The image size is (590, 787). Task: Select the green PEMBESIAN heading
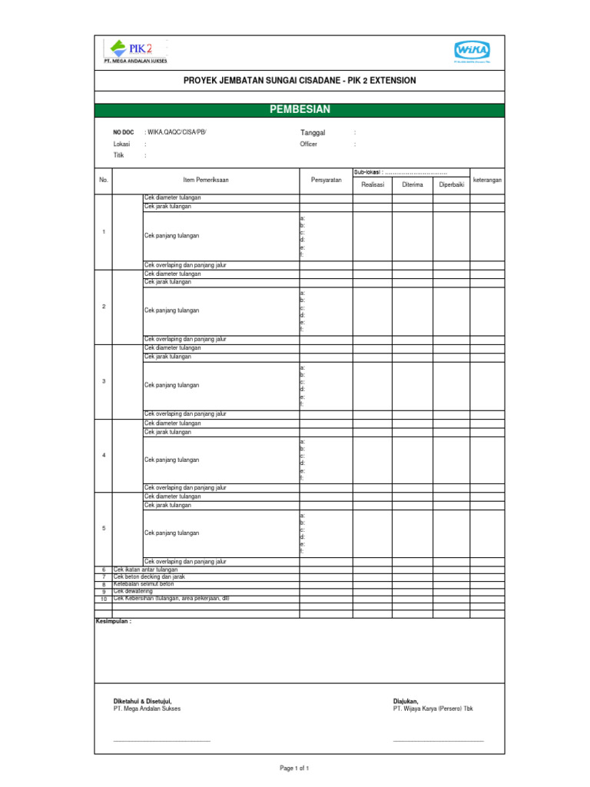pos(300,111)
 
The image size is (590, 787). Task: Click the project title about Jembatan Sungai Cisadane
pos(300,80)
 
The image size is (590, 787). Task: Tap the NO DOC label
pos(124,133)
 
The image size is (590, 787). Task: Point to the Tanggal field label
pos(313,133)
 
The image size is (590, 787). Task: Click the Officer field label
pos(308,144)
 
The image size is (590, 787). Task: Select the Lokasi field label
pos(121,144)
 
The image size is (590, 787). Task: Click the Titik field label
pos(119,155)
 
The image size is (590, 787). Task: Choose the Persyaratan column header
pos(326,180)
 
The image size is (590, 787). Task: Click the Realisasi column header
pos(373,185)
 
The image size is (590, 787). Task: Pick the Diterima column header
pos(413,185)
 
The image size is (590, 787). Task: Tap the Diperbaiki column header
pos(452,185)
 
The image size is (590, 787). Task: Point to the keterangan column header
pos(487,180)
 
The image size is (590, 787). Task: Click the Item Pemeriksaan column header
pos(206,180)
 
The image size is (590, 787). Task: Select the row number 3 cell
pos(104,382)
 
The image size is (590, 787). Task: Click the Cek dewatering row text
pos(134,591)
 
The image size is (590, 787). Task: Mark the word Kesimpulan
pos(114,620)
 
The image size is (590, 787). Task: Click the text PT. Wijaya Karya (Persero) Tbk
pos(433,709)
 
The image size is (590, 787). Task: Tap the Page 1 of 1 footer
pos(295,768)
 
